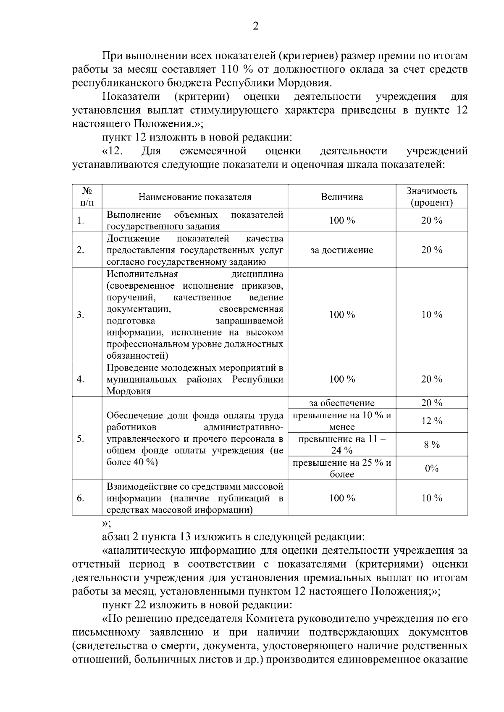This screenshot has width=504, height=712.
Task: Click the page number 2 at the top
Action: [x=255, y=26]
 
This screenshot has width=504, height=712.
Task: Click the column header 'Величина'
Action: [x=342, y=197]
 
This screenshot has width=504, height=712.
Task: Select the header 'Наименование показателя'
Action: [x=195, y=197]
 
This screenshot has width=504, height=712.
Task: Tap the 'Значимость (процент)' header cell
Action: [x=432, y=197]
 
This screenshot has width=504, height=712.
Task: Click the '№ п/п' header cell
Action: [x=87, y=197]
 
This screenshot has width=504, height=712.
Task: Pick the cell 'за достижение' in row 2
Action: [x=342, y=250]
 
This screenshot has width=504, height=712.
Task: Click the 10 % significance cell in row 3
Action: [x=432, y=315]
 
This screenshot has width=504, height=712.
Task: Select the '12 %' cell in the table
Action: [x=432, y=421]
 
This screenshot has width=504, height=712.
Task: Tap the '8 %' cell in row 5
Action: [x=432, y=445]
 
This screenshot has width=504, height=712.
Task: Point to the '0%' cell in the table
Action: [x=432, y=469]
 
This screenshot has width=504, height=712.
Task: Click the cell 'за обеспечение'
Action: [x=342, y=403]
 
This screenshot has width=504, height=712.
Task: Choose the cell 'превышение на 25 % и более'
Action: [x=342, y=469]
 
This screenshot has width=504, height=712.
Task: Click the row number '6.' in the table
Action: [x=81, y=498]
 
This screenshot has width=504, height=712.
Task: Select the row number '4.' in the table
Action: [x=81, y=379]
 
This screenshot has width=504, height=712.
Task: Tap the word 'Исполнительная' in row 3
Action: [x=142, y=274]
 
